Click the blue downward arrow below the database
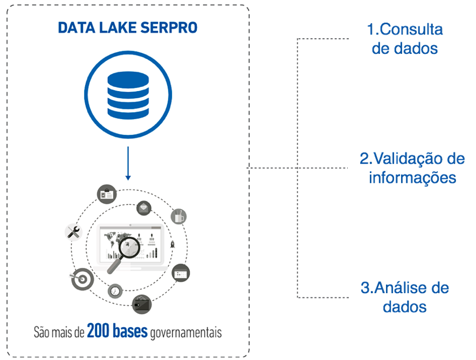[x=128, y=162]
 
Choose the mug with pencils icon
[x=178, y=216]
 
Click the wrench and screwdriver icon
[x=73, y=232]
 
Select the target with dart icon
[x=78, y=280]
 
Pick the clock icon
[x=114, y=290]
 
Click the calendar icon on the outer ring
[x=181, y=273]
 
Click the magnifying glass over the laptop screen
[x=126, y=251]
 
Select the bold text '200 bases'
[x=116, y=331]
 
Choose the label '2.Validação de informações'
[x=412, y=168]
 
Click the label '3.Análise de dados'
[x=404, y=297]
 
